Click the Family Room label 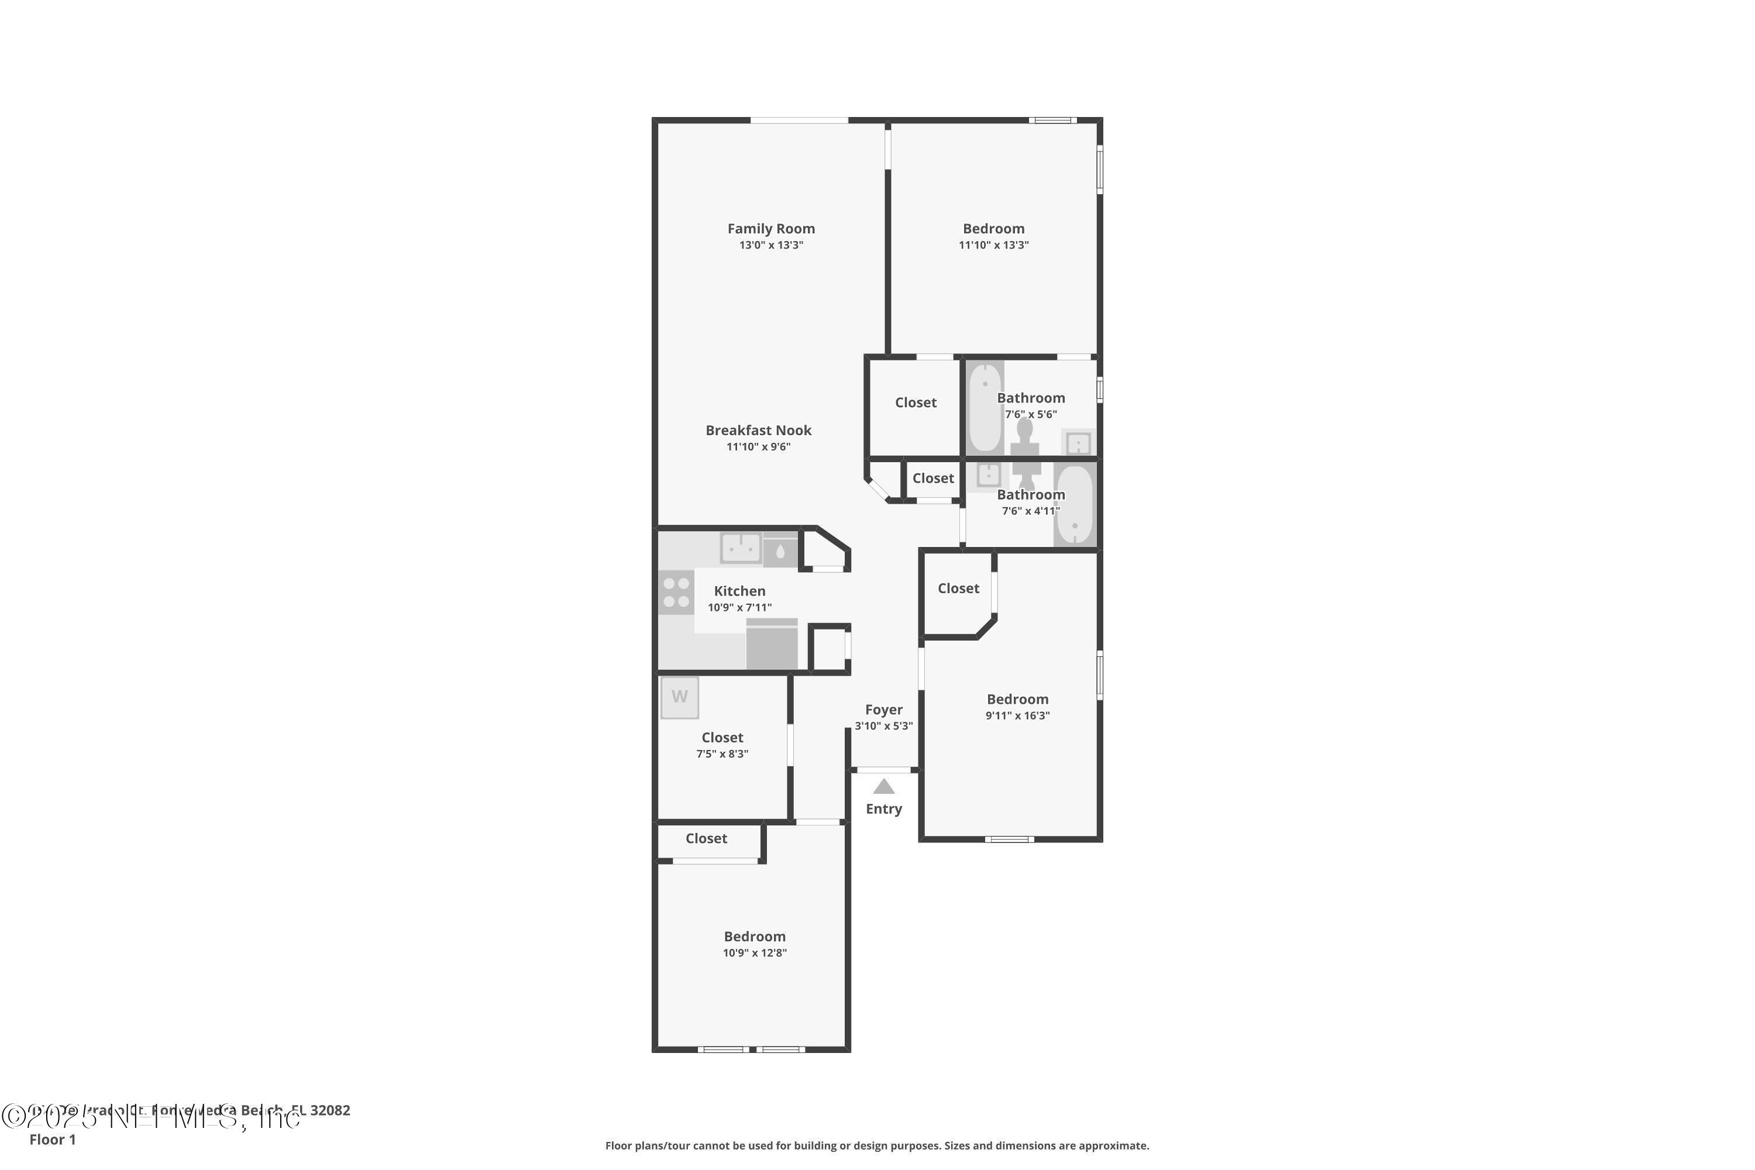pos(771,228)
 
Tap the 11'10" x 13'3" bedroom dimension pos(993,245)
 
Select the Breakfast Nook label pos(758,430)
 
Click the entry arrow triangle pos(883,786)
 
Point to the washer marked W pos(679,697)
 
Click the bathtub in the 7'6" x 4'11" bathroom pos(1075,505)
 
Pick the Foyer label pos(883,710)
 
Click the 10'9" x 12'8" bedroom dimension pos(755,953)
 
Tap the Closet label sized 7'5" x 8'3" pos(721,737)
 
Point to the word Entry pos(883,809)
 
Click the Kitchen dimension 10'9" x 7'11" pos(739,607)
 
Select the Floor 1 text pos(52,1140)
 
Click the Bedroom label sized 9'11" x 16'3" pos(1017,699)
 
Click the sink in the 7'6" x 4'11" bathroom pos(989,474)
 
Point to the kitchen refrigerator pos(772,644)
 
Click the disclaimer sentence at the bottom pos(877,1145)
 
